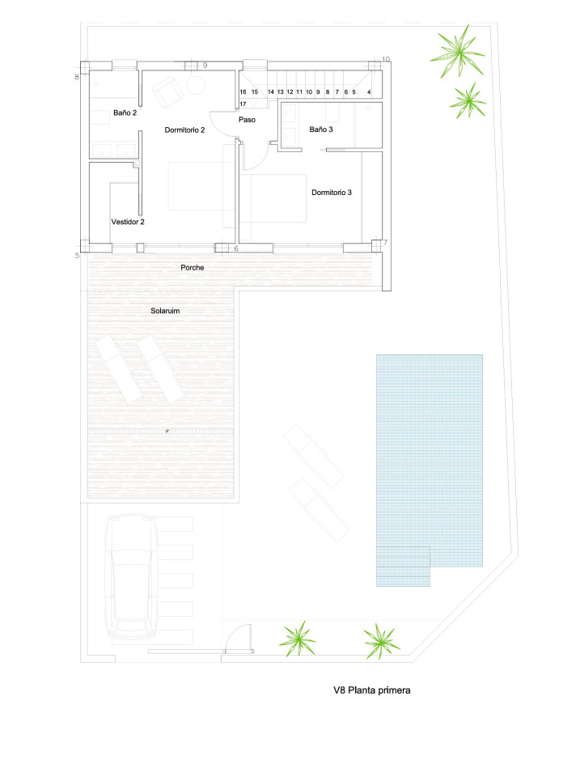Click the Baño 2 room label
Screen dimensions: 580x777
point(125,113)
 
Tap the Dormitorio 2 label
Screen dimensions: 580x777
point(184,129)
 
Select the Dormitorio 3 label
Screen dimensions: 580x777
point(332,193)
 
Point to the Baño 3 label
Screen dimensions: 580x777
point(321,129)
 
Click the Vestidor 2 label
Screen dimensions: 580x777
point(128,222)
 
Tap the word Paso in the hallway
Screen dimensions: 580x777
point(248,120)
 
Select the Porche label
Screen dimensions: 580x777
point(193,268)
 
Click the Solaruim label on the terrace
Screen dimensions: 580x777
point(165,311)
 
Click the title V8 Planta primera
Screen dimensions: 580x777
point(372,690)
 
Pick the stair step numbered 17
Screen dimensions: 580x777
point(243,104)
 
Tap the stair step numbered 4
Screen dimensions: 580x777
point(369,92)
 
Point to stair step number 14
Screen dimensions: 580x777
point(271,92)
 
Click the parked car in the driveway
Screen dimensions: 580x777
point(131,575)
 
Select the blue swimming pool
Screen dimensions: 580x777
point(429,469)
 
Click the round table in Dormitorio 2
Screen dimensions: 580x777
point(196,85)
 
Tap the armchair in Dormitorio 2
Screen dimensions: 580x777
point(168,91)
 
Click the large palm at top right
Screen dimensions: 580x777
point(458,51)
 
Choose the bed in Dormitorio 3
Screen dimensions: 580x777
point(273,198)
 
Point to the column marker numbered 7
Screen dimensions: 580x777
point(385,243)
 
